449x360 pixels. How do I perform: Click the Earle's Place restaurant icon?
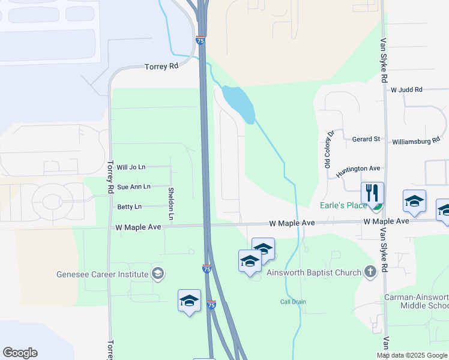tap(372, 193)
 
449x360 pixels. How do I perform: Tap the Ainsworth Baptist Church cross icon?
tap(370, 272)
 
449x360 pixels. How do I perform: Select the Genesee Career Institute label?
tap(102, 275)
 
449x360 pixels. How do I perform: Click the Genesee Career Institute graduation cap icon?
tap(157, 274)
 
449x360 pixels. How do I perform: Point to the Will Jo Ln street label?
tap(131, 167)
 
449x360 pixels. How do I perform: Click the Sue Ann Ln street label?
tap(133, 187)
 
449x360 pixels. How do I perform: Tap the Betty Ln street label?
tap(130, 207)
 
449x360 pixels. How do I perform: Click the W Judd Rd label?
tap(406, 90)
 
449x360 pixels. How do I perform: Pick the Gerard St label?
tap(366, 139)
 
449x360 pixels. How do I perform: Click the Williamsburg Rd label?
tap(416, 142)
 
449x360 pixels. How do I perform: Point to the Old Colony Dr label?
tap(329, 150)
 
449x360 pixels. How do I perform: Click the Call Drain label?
tap(289, 302)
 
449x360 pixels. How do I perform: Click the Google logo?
tap(20, 353)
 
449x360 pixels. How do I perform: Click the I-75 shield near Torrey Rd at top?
tap(200, 40)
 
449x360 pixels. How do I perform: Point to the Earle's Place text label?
tap(343, 206)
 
